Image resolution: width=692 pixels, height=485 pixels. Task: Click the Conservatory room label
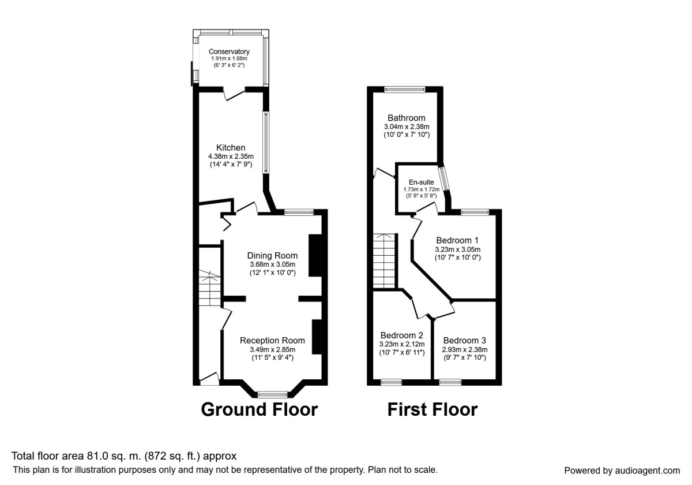(x=229, y=51)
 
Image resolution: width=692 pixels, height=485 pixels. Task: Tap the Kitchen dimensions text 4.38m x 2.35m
(x=231, y=156)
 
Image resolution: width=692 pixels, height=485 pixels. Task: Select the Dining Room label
(x=272, y=256)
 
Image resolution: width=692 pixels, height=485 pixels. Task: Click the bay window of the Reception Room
(x=272, y=394)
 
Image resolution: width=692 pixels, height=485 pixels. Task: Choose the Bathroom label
(x=406, y=118)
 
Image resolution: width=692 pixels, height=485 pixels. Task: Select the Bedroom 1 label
(x=457, y=240)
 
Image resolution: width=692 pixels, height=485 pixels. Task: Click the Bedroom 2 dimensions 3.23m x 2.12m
(x=402, y=345)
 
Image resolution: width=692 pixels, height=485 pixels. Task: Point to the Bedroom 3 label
(x=465, y=340)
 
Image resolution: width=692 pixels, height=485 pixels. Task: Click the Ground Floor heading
(x=259, y=409)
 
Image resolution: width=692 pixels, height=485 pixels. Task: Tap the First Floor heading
(x=432, y=409)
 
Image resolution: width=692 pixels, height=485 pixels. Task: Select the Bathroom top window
(x=405, y=89)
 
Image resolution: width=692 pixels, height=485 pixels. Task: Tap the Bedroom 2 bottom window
(x=392, y=382)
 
